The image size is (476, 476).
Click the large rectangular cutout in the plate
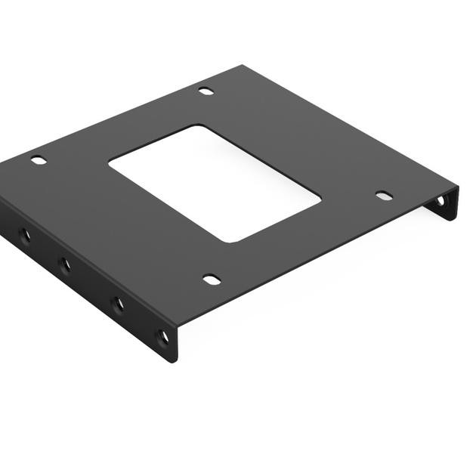pos(215,182)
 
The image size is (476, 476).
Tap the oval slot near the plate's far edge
pos(206,91)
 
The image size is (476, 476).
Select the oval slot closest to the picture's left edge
pos(38,159)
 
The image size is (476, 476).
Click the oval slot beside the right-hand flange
pos(384,196)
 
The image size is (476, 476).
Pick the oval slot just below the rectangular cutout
pos(212,280)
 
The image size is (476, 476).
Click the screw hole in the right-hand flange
pos(440,202)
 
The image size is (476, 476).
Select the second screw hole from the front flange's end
pos(118,304)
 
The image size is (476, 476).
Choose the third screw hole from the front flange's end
pos(64,264)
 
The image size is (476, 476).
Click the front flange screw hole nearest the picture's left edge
pos(24,235)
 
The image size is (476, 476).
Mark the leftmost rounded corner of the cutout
pos(112,162)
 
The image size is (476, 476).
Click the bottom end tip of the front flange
pos(175,361)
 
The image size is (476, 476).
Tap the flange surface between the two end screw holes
pos(141,321)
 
